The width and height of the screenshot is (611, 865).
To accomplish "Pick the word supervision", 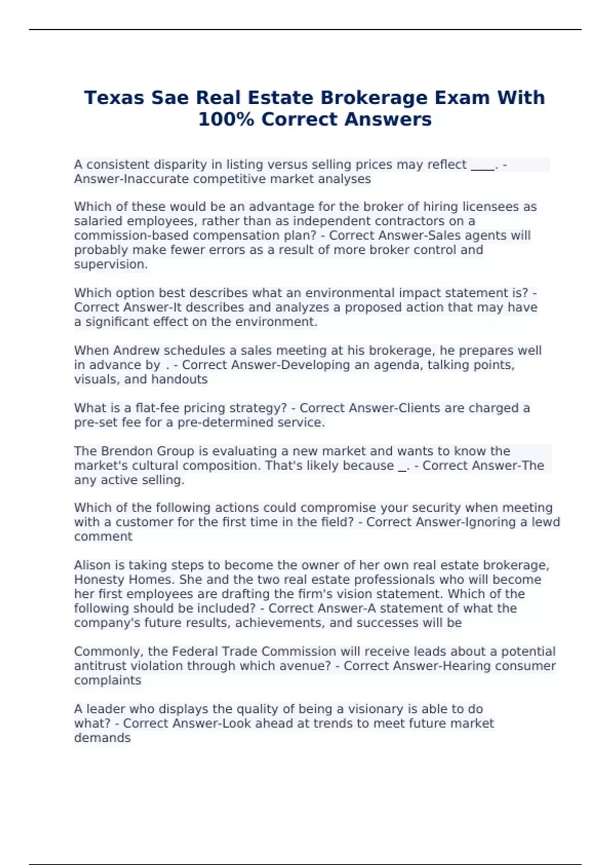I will tap(110, 264).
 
